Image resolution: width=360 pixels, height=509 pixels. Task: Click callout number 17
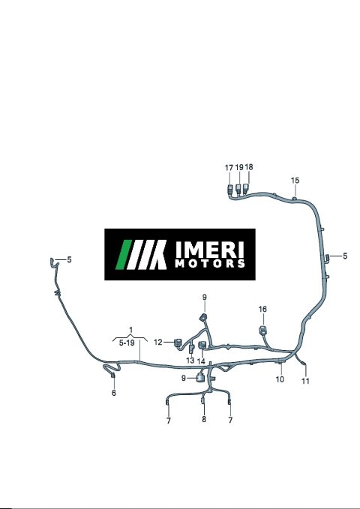pyautogui.click(x=229, y=168)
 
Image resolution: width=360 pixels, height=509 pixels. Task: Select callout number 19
pyautogui.click(x=239, y=167)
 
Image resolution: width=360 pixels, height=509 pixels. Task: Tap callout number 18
pyautogui.click(x=249, y=167)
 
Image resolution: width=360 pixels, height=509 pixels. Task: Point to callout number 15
pyautogui.click(x=295, y=181)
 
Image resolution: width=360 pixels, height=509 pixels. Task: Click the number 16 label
pyautogui.click(x=262, y=310)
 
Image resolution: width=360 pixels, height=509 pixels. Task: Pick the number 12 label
pyautogui.click(x=158, y=342)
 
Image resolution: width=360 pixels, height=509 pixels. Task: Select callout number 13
pyautogui.click(x=190, y=361)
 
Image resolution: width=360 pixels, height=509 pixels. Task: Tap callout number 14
pyautogui.click(x=201, y=361)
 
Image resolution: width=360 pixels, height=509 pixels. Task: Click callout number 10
pyautogui.click(x=280, y=379)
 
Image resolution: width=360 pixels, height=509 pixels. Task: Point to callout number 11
pyautogui.click(x=305, y=381)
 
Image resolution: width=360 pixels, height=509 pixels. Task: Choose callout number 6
pyautogui.click(x=114, y=393)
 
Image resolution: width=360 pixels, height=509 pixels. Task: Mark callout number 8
pyautogui.click(x=204, y=419)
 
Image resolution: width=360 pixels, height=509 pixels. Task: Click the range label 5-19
pyautogui.click(x=127, y=343)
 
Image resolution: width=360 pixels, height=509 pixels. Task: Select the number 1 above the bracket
pyautogui.click(x=131, y=331)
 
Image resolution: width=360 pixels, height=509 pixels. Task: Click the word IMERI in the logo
pyautogui.click(x=209, y=249)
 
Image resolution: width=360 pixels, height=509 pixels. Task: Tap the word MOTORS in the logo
pyautogui.click(x=210, y=263)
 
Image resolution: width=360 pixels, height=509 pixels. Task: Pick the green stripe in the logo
pyautogui.click(x=124, y=255)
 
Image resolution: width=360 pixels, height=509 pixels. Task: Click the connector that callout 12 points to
pyautogui.click(x=178, y=343)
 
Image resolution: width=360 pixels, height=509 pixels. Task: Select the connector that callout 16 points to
pyautogui.click(x=262, y=331)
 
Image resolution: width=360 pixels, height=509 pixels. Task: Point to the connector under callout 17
pyautogui.click(x=230, y=189)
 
